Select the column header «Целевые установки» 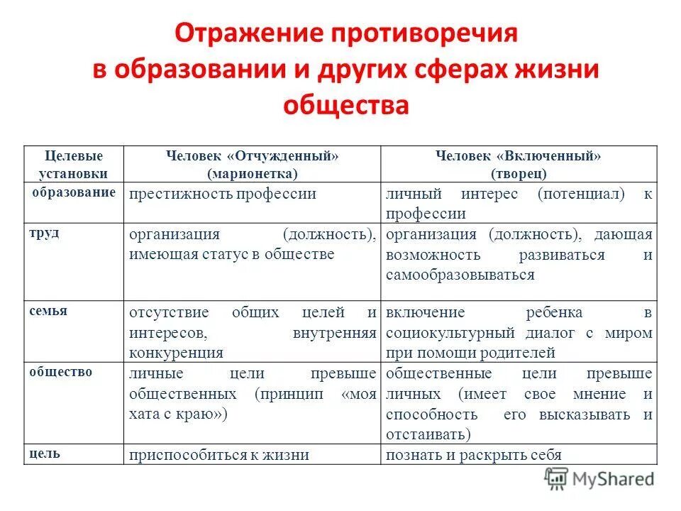click(x=74, y=164)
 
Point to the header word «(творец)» click(x=518, y=172)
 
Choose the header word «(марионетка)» click(x=253, y=172)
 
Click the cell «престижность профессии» click(x=222, y=194)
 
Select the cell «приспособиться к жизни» click(x=218, y=455)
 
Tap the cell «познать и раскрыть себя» click(x=474, y=455)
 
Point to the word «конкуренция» click(x=176, y=352)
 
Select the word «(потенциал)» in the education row click(x=581, y=194)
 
